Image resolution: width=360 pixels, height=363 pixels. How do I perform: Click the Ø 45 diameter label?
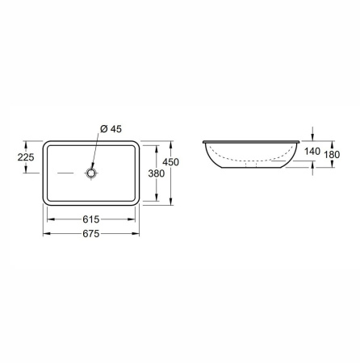tap(111, 129)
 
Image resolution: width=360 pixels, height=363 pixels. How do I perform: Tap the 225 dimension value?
tap(26, 157)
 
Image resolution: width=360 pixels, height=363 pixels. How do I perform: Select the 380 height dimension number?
tap(157, 173)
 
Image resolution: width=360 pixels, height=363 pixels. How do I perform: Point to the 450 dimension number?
tap(170, 162)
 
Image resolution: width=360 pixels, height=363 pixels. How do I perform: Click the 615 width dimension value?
tap(91, 219)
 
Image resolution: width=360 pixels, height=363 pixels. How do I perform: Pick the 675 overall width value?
tap(91, 234)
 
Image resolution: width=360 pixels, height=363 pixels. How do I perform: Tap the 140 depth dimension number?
tap(312, 152)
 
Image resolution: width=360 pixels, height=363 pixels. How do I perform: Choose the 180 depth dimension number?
tap(332, 155)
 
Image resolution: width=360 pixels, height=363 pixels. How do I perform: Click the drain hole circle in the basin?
tap(91, 173)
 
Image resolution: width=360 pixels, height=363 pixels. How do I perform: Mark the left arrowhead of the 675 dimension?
tap(47, 234)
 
